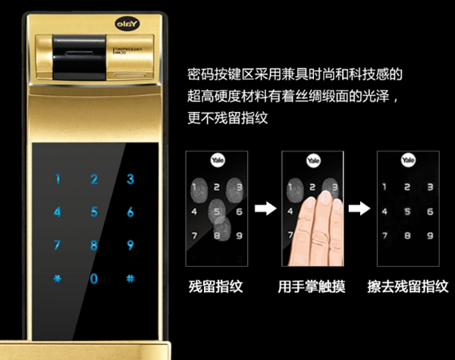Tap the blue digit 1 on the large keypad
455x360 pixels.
tap(57, 180)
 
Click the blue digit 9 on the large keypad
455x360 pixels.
tap(130, 245)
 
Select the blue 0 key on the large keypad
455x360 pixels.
tap(94, 278)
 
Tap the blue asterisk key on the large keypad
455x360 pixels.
tap(57, 278)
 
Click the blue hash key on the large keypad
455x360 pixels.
tap(130, 278)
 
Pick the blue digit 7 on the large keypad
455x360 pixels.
tap(57, 245)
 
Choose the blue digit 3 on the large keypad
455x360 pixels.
tap(130, 180)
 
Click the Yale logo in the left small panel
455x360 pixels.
tap(216, 161)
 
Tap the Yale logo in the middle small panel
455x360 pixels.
tap(312, 161)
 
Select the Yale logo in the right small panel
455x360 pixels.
tap(408, 161)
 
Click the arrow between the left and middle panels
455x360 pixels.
tap(265, 209)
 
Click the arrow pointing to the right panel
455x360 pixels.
tap(360, 209)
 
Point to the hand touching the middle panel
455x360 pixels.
tap(318, 227)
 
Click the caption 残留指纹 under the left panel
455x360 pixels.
tap(216, 288)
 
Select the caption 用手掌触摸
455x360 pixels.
tap(312, 288)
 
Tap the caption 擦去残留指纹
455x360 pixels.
tap(408, 288)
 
